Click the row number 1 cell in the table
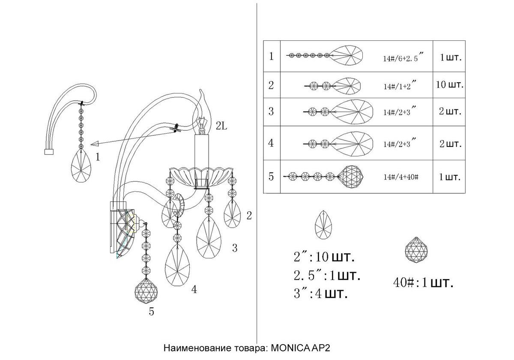point(271,57)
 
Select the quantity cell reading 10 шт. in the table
point(449,85)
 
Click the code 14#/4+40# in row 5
point(400,176)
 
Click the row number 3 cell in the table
point(271,112)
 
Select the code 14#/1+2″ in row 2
point(397,86)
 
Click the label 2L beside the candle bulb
point(223,126)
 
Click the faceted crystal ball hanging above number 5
point(146,292)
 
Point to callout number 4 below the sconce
point(194,290)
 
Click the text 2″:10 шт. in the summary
point(324,258)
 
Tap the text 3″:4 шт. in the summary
point(320,294)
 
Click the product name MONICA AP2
point(301,348)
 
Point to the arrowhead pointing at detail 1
point(95,144)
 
